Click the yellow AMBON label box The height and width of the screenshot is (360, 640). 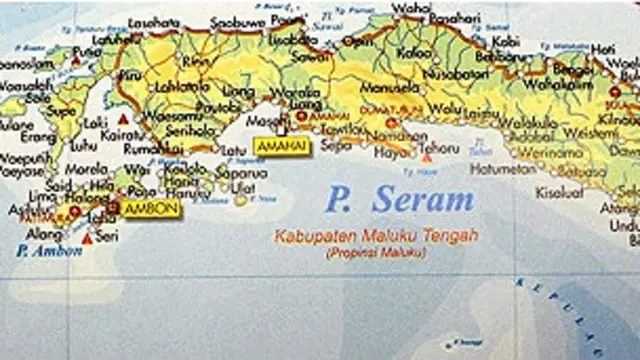coord(151,209)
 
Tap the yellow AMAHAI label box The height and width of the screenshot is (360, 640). coord(281,147)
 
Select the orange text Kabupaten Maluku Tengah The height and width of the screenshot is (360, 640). coord(376,236)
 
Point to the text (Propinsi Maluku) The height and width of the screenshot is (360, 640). coord(375,253)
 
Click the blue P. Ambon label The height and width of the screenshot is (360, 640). coord(49,251)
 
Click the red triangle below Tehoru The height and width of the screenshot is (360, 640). coord(427,158)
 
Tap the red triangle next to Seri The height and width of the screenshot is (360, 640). coord(87,239)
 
